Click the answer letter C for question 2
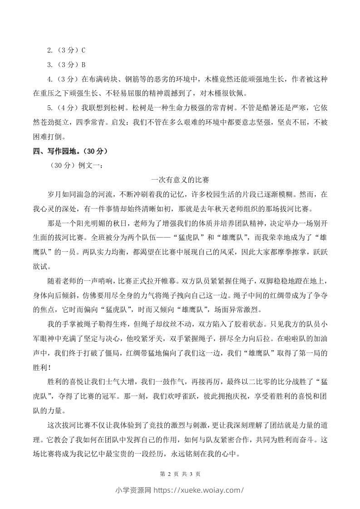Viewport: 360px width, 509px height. [83, 50]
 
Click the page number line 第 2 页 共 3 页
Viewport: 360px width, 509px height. [180, 474]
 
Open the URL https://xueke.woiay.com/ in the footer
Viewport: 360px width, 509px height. [199, 490]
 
